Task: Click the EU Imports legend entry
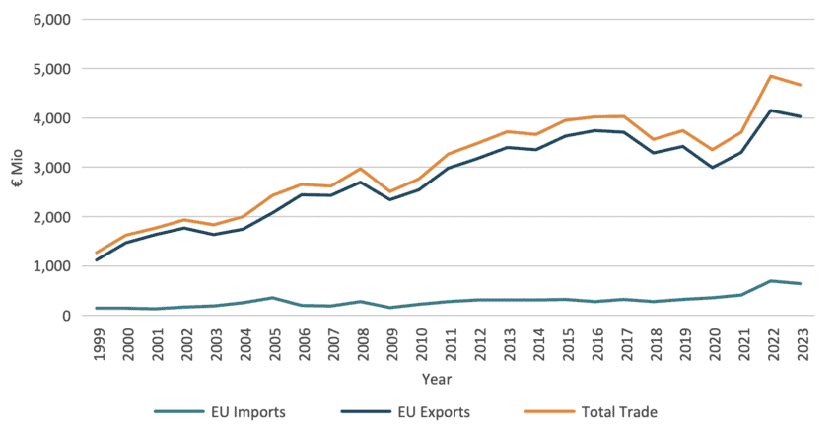click(x=235, y=411)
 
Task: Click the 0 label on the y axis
click(x=66, y=316)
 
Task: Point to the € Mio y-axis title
click(x=17, y=168)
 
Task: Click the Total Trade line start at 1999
click(x=97, y=253)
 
